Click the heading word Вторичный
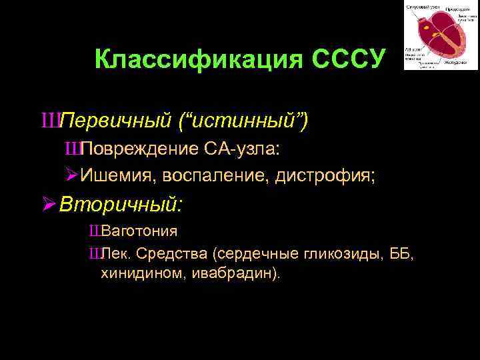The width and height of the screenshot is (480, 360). [119, 204]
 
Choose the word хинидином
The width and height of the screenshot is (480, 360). [136, 273]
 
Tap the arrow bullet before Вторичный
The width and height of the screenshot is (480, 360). [47, 204]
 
